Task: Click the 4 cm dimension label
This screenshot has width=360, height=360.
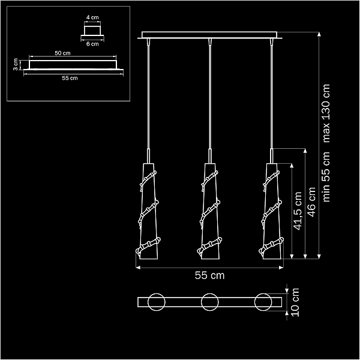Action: pyautogui.click(x=92, y=17)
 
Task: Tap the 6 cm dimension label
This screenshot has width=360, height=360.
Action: pyautogui.click(x=92, y=44)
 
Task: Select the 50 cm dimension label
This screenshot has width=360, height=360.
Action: pyautogui.click(x=62, y=53)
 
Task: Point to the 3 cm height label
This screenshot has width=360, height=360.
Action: pyautogui.click(x=15, y=65)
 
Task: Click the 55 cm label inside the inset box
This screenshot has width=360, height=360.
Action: pyautogui.click(x=70, y=78)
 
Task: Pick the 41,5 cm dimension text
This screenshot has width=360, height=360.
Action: pyautogui.click(x=298, y=211)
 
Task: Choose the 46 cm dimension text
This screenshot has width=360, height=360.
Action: pyautogui.click(x=311, y=202)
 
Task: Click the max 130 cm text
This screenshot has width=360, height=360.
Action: pyautogui.click(x=326, y=113)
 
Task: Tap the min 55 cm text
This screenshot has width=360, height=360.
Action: pyautogui.click(x=326, y=177)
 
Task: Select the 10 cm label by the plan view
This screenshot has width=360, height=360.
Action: pyautogui.click(x=295, y=302)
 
